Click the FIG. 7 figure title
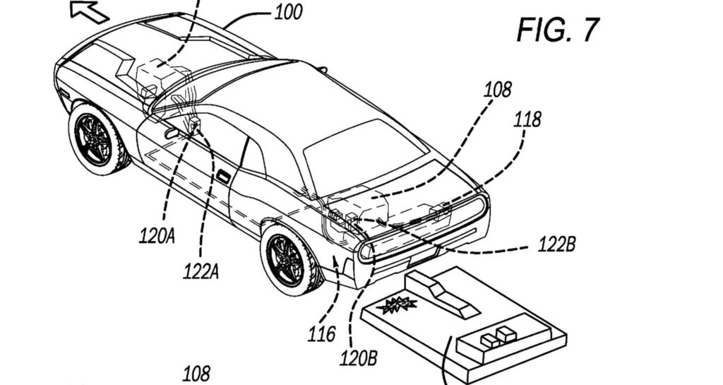point(558,30)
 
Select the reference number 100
point(288,12)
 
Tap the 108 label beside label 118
point(497,90)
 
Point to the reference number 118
point(527,119)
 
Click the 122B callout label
point(556,244)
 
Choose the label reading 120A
point(157,236)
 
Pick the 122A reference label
point(201,271)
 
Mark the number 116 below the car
point(321,334)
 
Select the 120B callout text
point(358,358)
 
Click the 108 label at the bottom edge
point(196,374)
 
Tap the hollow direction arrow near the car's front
point(89,11)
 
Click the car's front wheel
point(97,138)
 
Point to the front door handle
point(172,134)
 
